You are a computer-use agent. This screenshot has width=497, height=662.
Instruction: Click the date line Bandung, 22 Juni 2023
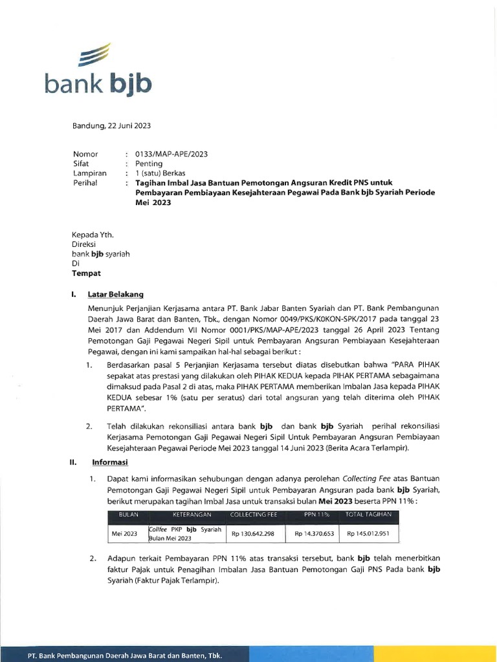(111, 125)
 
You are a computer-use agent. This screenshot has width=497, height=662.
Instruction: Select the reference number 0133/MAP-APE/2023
(171, 154)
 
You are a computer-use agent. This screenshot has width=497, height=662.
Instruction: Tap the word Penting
(149, 164)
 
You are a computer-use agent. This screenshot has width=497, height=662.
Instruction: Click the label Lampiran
(90, 173)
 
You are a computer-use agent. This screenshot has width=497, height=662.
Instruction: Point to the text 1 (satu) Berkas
(160, 173)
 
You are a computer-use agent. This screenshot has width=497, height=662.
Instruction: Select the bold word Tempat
(86, 273)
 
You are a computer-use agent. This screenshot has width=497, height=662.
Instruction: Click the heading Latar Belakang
(116, 294)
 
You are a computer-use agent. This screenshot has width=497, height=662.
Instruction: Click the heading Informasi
(109, 462)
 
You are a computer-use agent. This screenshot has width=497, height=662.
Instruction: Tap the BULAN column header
(129, 515)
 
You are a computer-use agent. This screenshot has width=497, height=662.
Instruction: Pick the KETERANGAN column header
(188, 515)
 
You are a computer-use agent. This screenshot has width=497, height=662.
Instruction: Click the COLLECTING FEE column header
(253, 515)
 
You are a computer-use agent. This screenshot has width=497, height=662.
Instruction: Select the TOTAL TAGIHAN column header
(369, 515)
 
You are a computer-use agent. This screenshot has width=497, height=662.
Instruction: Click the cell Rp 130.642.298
(254, 534)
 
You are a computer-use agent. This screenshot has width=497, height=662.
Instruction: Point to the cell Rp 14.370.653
(314, 534)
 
